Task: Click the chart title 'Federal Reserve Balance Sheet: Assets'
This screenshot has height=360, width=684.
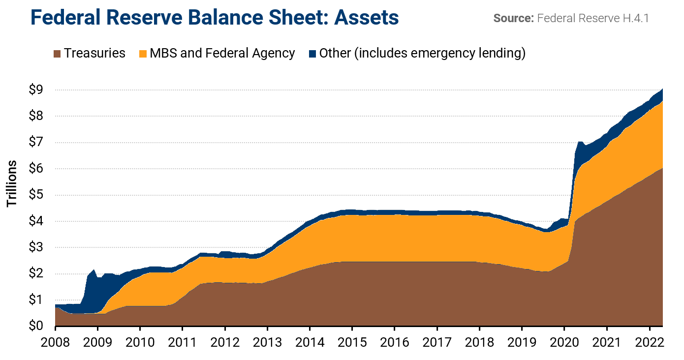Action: (x=214, y=18)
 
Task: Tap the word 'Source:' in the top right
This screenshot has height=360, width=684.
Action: (x=514, y=19)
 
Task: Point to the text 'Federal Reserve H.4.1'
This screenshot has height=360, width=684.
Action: (x=593, y=19)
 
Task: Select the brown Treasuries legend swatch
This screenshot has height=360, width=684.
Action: (x=57, y=53)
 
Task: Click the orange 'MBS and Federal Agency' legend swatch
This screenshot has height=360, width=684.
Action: (x=143, y=53)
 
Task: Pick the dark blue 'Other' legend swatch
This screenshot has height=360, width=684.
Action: (x=312, y=53)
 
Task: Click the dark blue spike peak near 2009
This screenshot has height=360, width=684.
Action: (x=93, y=270)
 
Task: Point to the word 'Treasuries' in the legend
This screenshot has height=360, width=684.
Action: (x=94, y=53)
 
